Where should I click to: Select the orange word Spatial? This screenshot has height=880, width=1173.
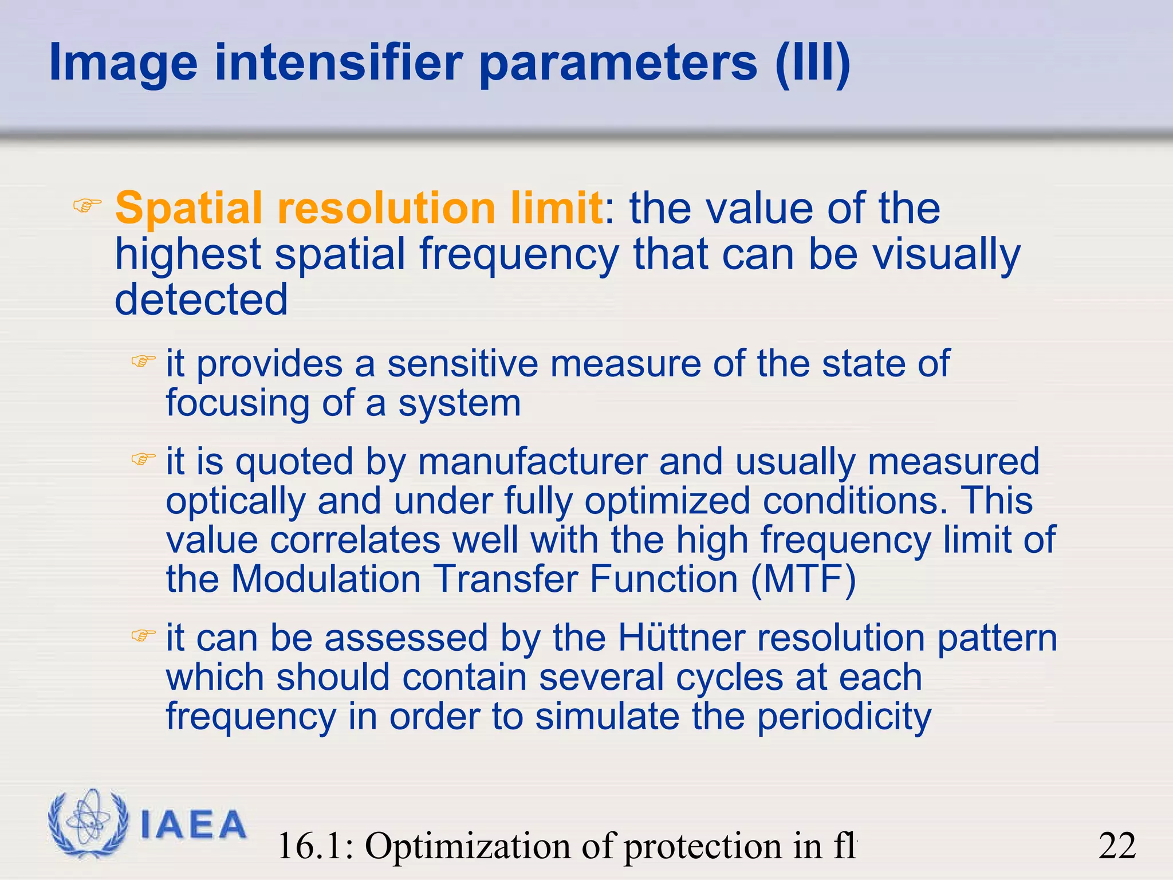click(190, 208)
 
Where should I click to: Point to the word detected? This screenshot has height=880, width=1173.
click(201, 300)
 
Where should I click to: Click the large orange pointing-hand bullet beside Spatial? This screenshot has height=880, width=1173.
click(87, 205)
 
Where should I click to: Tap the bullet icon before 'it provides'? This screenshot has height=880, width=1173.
click(143, 362)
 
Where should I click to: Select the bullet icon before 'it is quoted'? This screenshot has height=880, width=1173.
click(143, 459)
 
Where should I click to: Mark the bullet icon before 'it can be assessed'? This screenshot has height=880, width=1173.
click(143, 635)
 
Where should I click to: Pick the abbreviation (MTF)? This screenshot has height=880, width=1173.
click(803, 579)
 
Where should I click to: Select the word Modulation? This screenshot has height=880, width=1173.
click(326, 579)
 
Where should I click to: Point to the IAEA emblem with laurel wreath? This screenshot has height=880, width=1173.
click(88, 823)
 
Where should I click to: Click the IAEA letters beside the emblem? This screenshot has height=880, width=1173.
click(193, 826)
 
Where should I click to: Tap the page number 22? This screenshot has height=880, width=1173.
click(1117, 846)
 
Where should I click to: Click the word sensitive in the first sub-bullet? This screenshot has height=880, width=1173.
click(462, 364)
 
